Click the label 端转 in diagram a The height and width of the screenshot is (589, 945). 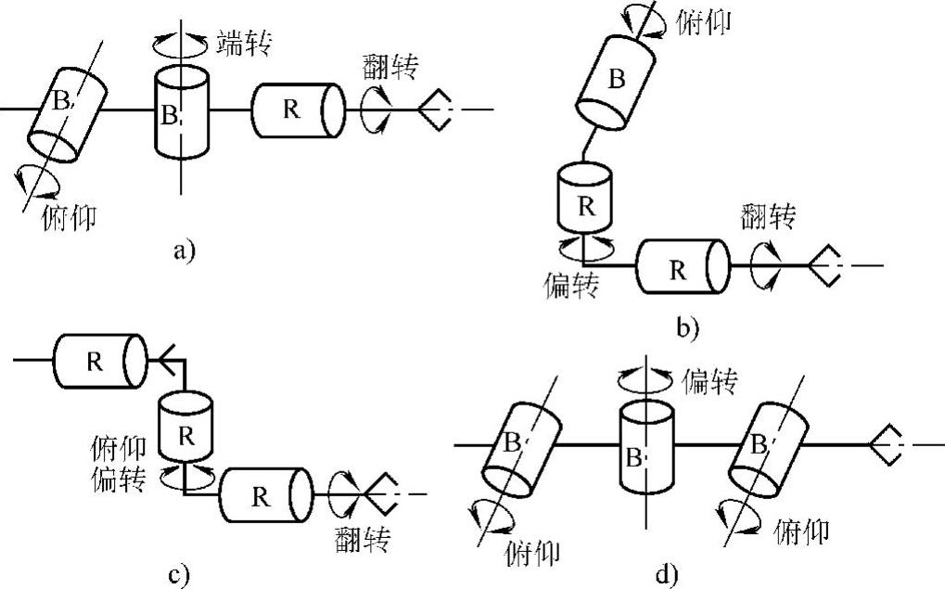point(244,43)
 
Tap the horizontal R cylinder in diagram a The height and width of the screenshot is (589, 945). point(299,110)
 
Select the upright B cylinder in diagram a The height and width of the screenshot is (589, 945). point(182,113)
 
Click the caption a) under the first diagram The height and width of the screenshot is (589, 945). point(184,250)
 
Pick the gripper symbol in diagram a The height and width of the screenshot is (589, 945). point(434,109)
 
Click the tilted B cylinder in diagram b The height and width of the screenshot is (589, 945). point(615,83)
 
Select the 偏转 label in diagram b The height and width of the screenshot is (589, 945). point(570,285)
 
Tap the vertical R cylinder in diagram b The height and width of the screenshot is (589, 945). point(584,198)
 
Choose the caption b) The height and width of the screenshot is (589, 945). point(687,327)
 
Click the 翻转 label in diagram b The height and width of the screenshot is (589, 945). point(767,216)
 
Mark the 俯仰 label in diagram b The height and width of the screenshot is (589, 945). point(703,23)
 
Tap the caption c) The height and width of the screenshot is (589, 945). point(179,575)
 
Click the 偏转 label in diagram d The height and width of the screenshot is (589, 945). point(709,381)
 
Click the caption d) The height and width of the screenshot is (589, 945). point(666,575)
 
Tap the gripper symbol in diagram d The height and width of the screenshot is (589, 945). point(886,445)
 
